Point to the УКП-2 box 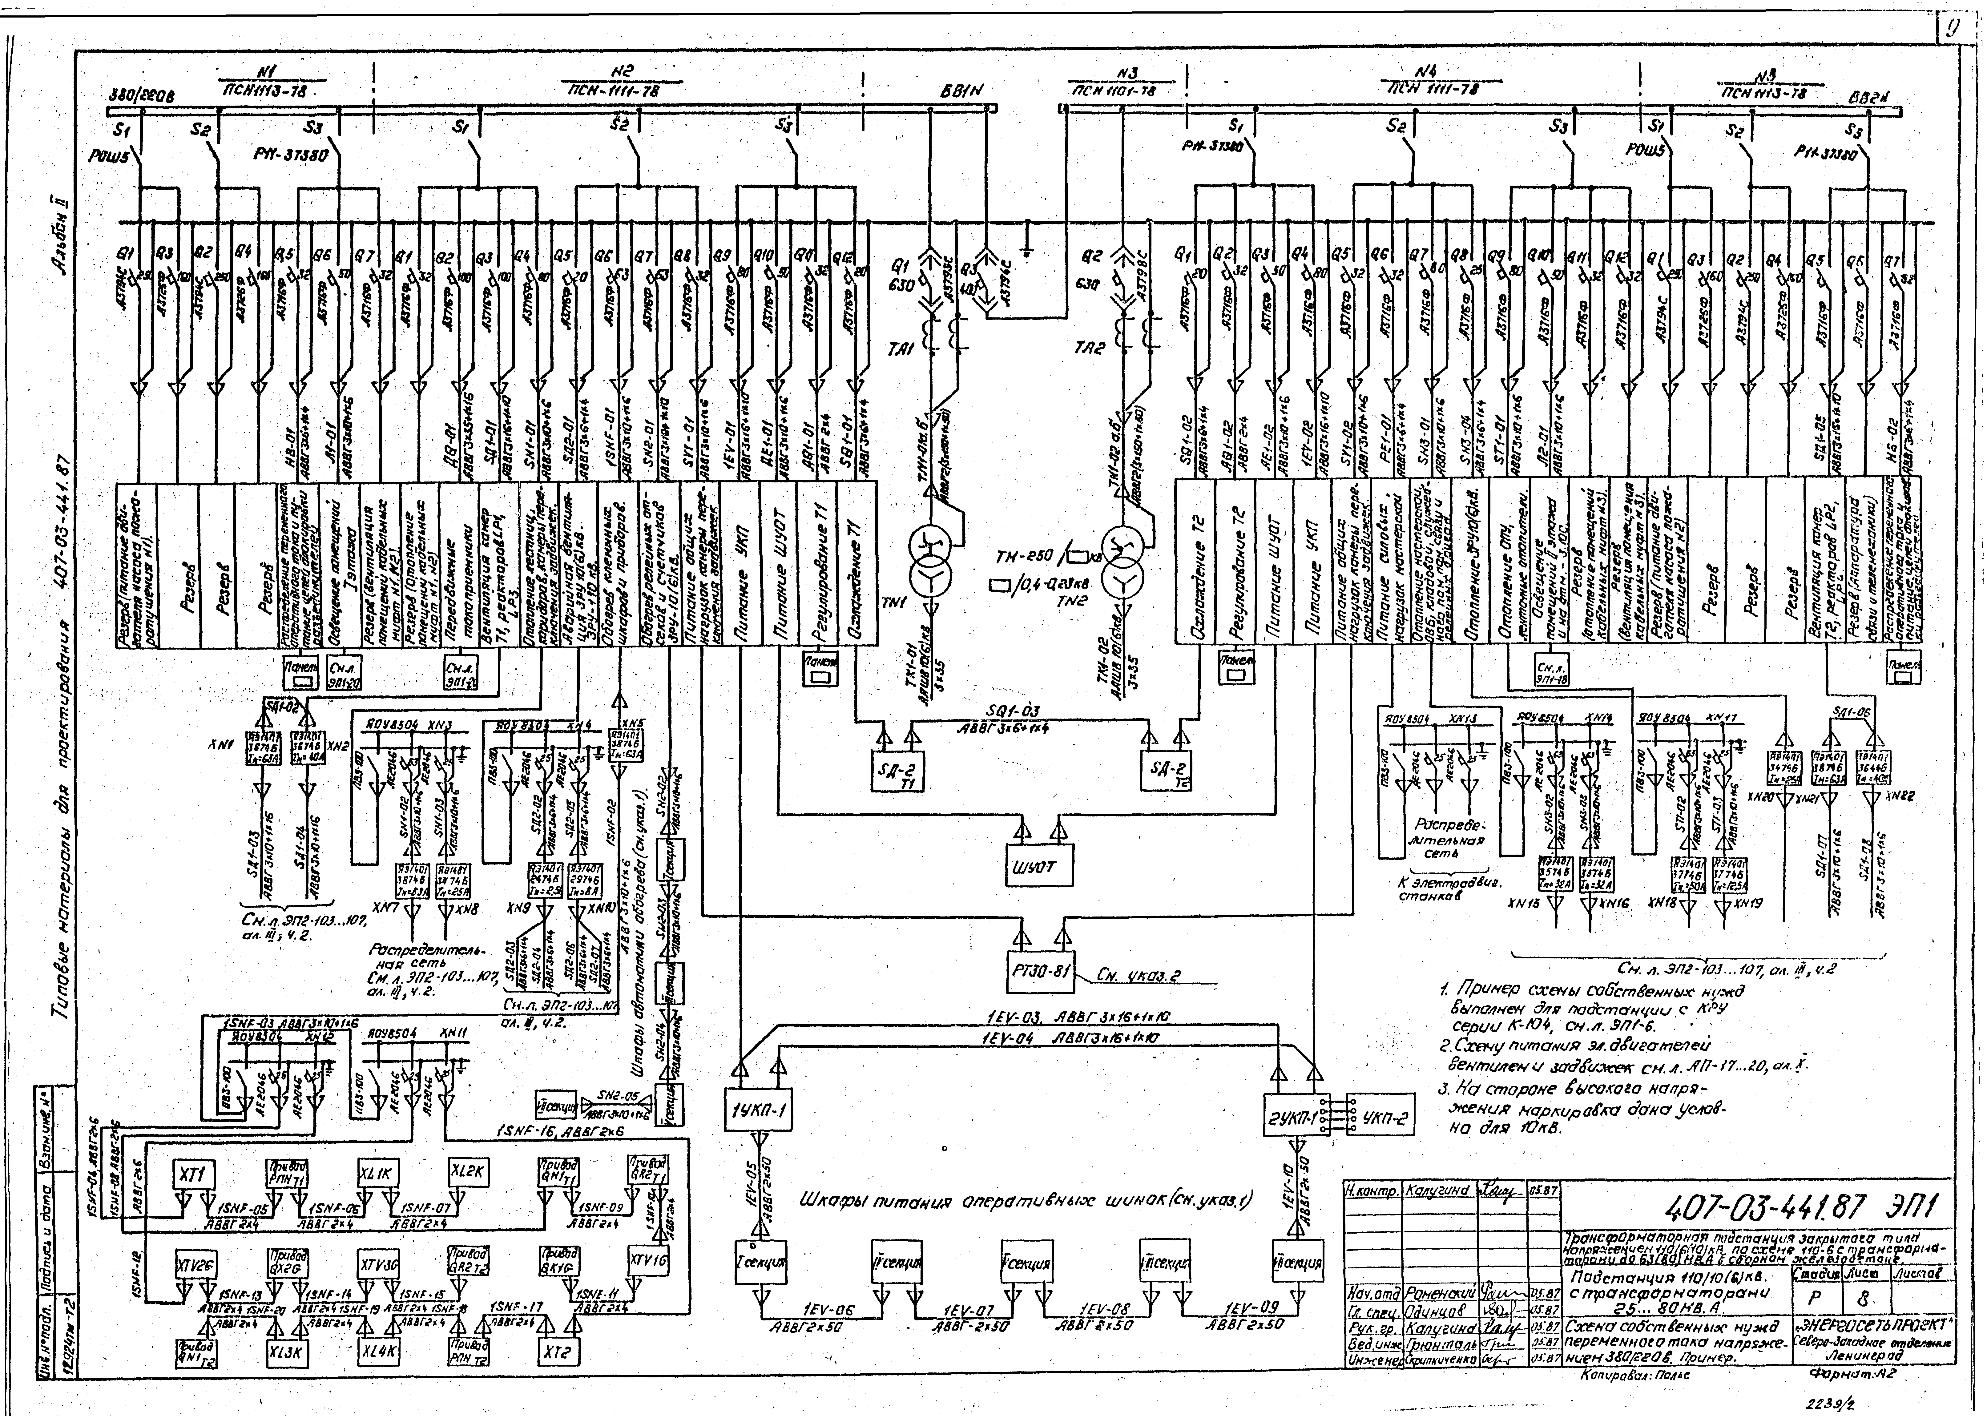tap(1383, 1120)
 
